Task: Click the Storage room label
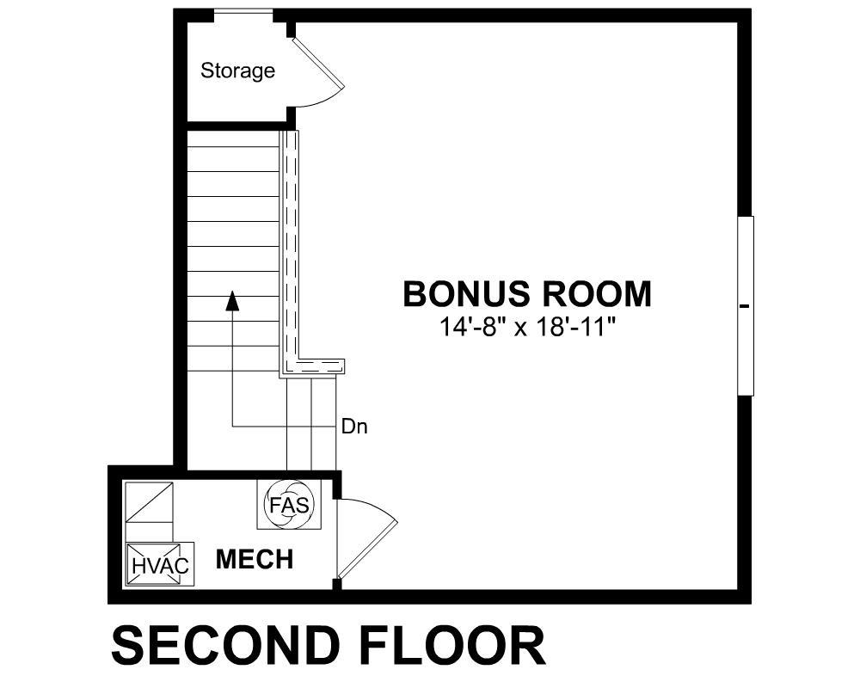pyautogui.click(x=237, y=71)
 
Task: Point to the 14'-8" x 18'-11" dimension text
pyautogui.click(x=526, y=327)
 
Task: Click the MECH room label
pyautogui.click(x=255, y=559)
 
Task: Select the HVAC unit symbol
pyautogui.click(x=160, y=565)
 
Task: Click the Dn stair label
pyautogui.click(x=354, y=427)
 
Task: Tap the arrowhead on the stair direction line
pyautogui.click(x=233, y=300)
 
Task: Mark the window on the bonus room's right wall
pyautogui.click(x=746, y=305)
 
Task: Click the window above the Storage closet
pyautogui.click(x=243, y=13)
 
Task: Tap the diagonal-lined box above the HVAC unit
pyautogui.click(x=149, y=502)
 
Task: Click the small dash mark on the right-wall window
pyautogui.click(x=744, y=306)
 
